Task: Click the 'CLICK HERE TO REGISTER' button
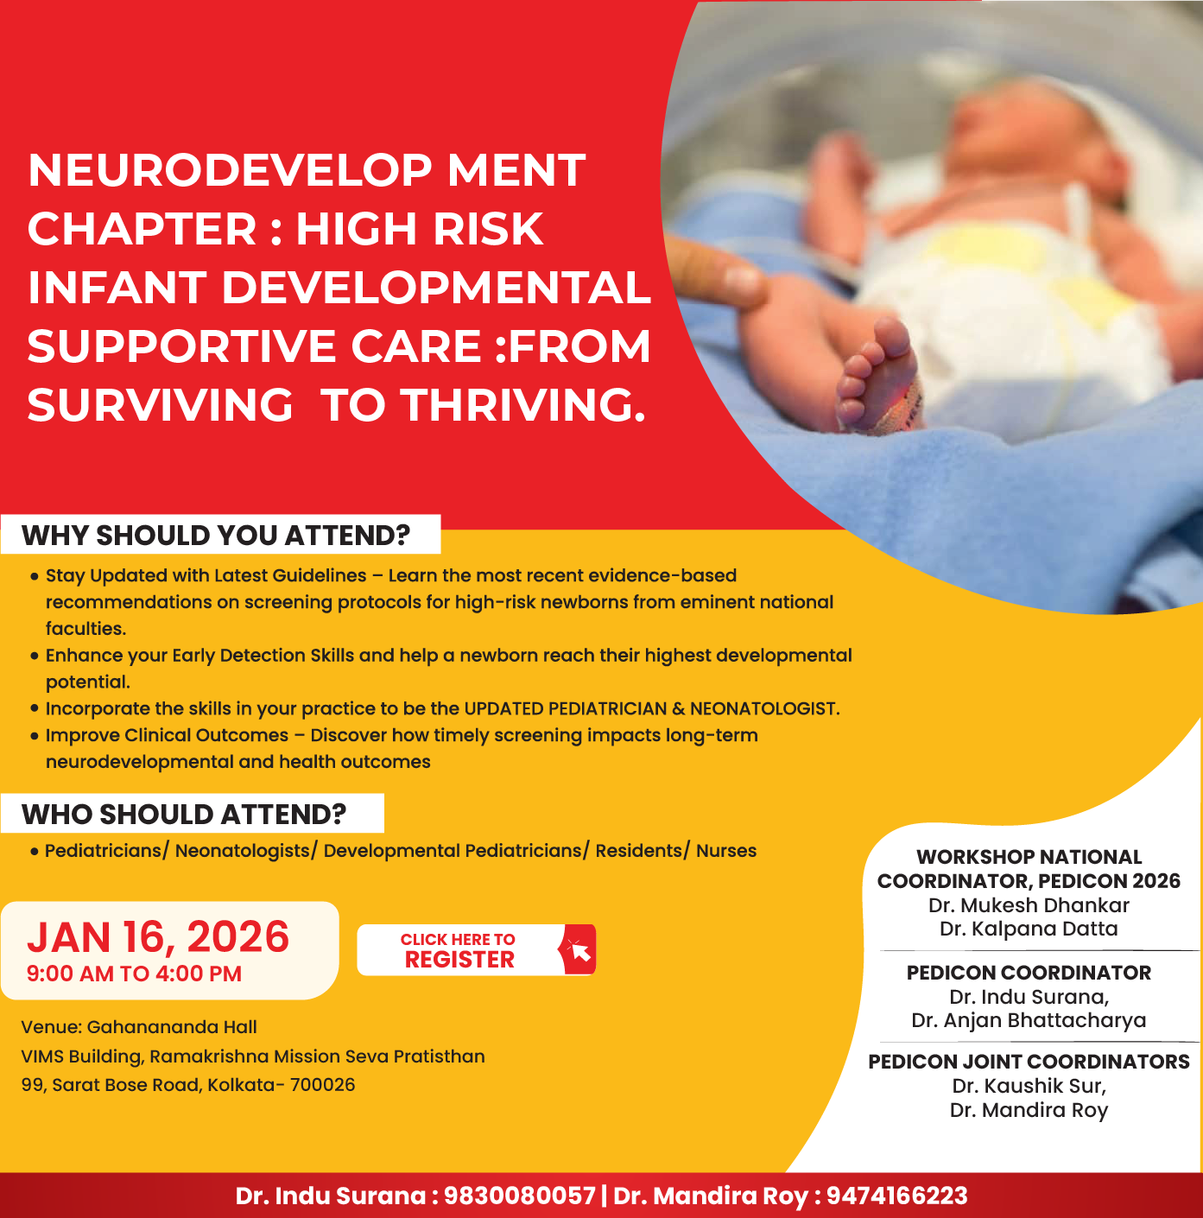[x=459, y=950]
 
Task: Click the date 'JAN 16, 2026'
[x=158, y=937]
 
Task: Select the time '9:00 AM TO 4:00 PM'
[x=134, y=974]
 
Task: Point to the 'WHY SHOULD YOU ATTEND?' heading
[x=216, y=536]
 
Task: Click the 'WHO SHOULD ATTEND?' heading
[x=184, y=815]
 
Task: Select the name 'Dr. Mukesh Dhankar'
[x=1029, y=905]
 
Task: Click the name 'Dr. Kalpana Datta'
[x=1029, y=929]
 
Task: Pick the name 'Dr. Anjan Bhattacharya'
[x=1029, y=1020]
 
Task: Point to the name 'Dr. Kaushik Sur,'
[x=1029, y=1086]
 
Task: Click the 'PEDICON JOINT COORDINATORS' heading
[x=1029, y=1062]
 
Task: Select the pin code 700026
[x=322, y=1085]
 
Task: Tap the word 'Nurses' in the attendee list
[x=726, y=851]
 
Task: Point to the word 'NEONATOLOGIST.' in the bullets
[x=764, y=709]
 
